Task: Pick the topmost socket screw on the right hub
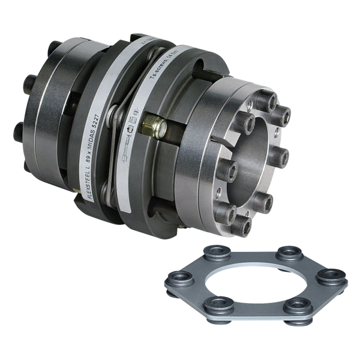(x=265, y=97)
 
